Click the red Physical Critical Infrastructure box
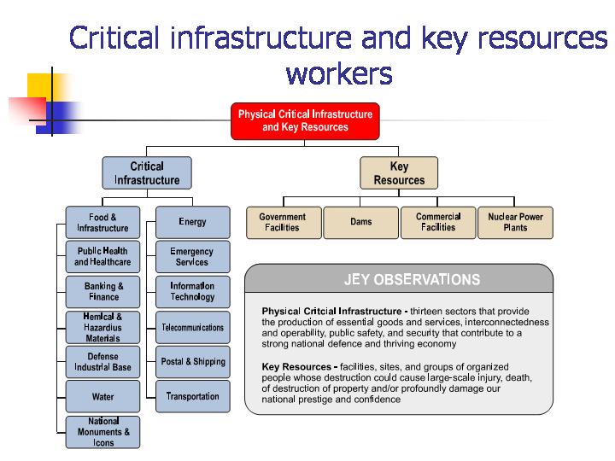[x=305, y=120]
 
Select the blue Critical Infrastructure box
[x=147, y=173]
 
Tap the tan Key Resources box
[x=399, y=173]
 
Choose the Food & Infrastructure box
[x=102, y=223]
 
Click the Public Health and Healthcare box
[x=102, y=257]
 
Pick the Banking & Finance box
[x=103, y=292]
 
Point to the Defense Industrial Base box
[x=102, y=362]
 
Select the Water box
[x=102, y=397]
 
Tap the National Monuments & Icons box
[x=102, y=432]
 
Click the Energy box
[x=192, y=222]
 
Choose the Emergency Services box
[x=192, y=257]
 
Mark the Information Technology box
[x=192, y=292]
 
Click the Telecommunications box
[x=192, y=328]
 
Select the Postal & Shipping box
[x=192, y=362]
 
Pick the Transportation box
[x=192, y=397]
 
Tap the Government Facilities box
[x=284, y=223]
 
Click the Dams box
[x=361, y=223]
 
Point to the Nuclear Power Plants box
[x=515, y=223]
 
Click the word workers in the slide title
[x=339, y=74]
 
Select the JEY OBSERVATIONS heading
[x=412, y=280]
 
